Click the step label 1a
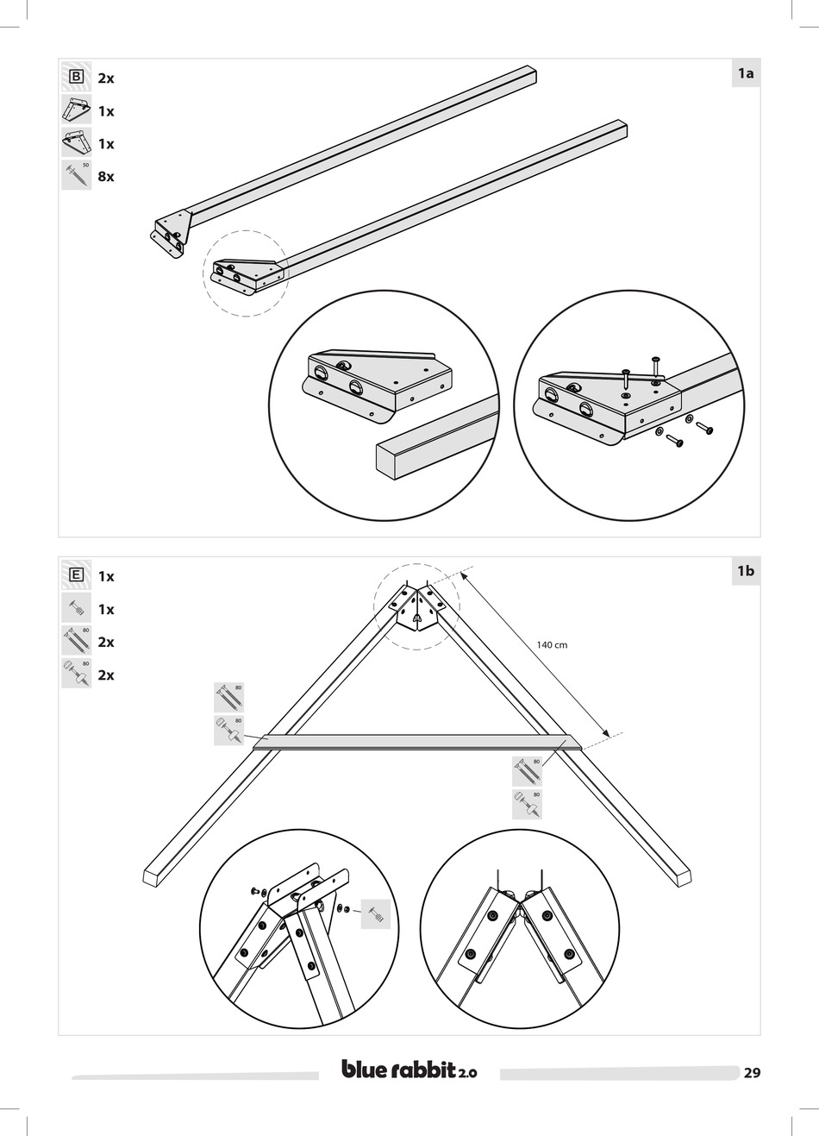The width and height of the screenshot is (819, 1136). coord(746,73)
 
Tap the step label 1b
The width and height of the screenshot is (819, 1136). coord(746,571)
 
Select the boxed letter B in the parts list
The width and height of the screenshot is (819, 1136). coord(76,78)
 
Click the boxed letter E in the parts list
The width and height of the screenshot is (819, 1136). coord(76,576)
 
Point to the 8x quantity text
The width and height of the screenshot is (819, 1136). coord(106,177)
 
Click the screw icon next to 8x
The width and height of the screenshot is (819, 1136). coord(76,176)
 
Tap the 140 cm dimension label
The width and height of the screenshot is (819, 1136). coord(551,644)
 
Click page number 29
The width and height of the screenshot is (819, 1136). coord(752,1073)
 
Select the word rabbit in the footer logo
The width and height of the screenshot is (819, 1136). coord(423,1070)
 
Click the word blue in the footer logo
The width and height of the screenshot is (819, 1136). coord(366,1070)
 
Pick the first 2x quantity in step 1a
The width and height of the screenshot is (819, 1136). coord(106,78)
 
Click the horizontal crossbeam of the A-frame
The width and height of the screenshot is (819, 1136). coord(414,741)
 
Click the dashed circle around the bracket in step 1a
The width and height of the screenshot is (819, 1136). coord(246,273)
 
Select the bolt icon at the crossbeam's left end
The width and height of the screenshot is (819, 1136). coord(228,698)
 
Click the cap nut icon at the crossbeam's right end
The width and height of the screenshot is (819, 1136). coord(527,804)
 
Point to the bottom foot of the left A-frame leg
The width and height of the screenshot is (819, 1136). coord(153,877)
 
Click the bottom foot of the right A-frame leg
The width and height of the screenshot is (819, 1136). coord(681,877)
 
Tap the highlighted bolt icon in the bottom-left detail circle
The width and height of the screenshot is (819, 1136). coord(376,913)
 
